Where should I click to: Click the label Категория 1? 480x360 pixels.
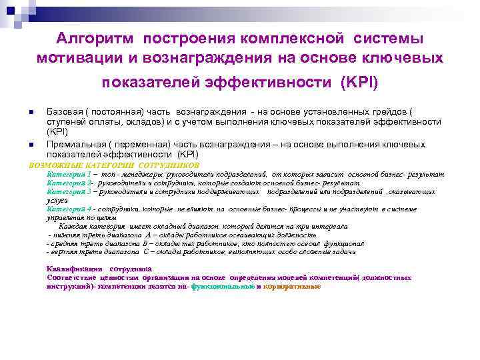click(x=69, y=173)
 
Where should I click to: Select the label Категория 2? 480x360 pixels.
click(x=69, y=182)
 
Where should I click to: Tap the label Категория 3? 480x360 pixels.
click(x=69, y=191)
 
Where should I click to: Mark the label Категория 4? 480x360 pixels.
click(x=69, y=209)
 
